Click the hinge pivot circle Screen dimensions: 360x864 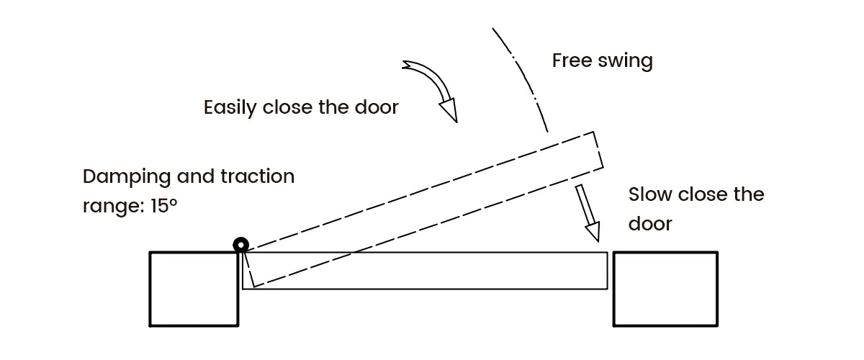(x=240, y=246)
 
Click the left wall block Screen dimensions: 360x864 (x=194, y=289)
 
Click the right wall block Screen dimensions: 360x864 (x=665, y=289)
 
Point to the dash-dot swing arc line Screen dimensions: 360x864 (x=522, y=79)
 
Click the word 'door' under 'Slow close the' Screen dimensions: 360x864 (x=650, y=223)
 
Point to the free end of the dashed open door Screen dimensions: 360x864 (x=598, y=151)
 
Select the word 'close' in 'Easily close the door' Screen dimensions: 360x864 (x=288, y=108)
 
